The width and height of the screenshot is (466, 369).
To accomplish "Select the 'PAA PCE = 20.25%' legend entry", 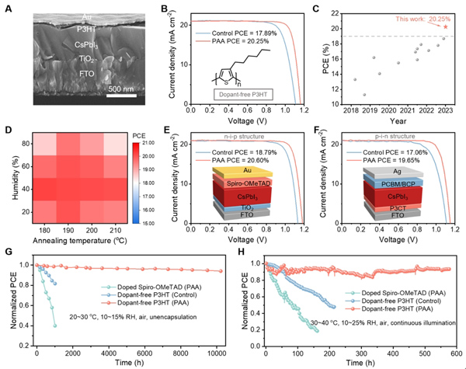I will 228,44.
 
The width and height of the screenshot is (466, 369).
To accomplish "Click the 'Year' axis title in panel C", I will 399,123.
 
